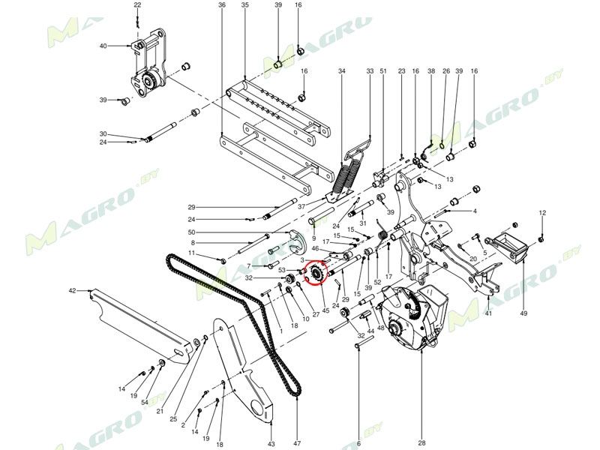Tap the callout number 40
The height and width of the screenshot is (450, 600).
103,46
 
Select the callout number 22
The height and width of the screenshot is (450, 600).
137,5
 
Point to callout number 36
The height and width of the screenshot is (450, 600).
222,5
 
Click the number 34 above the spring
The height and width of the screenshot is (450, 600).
342,71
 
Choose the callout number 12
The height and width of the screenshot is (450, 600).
543,214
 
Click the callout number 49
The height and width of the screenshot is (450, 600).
524,313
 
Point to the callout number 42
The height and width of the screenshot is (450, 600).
73,289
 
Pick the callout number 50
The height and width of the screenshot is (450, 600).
191,232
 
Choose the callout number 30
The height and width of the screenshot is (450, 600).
103,134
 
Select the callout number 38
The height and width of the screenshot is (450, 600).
431,71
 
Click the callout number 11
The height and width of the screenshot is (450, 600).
191,253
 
